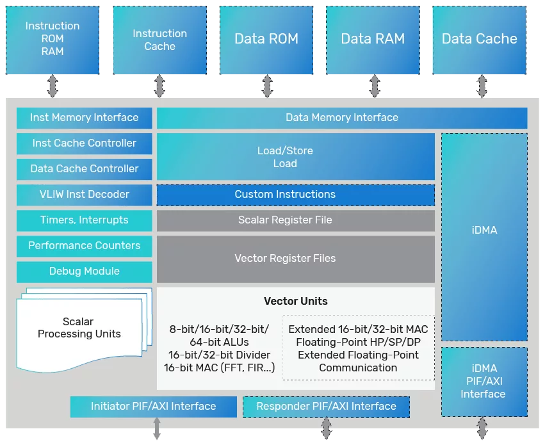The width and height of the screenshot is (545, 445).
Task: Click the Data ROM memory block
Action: tap(266, 40)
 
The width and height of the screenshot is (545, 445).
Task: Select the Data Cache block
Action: tap(480, 40)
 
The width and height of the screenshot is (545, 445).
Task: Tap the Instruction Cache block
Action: tap(159, 40)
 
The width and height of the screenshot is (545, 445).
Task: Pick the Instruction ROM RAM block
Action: tap(53, 40)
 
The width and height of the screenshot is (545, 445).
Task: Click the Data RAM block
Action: tap(373, 40)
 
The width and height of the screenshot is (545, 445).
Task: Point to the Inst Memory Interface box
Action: tap(84, 118)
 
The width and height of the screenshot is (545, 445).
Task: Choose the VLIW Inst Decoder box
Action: tap(84, 195)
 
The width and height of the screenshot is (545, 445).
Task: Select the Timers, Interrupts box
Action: tap(84, 220)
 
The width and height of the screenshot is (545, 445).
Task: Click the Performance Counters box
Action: tap(84, 246)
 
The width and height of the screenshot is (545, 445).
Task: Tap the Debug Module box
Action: tap(84, 271)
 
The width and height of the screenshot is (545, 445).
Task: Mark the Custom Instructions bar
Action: tap(295, 195)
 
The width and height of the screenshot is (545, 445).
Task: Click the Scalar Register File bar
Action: tap(295, 220)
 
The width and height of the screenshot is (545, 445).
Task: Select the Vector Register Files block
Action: tap(295, 259)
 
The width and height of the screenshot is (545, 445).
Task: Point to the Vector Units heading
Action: tap(295, 302)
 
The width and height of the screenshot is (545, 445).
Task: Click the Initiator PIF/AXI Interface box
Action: tap(153, 407)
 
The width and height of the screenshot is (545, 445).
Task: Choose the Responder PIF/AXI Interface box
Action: tap(326, 407)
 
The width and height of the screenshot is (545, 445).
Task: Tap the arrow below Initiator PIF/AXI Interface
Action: tap(157, 428)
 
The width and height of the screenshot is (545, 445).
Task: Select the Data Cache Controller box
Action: tap(84, 169)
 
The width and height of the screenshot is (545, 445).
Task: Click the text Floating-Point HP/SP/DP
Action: tap(358, 343)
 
